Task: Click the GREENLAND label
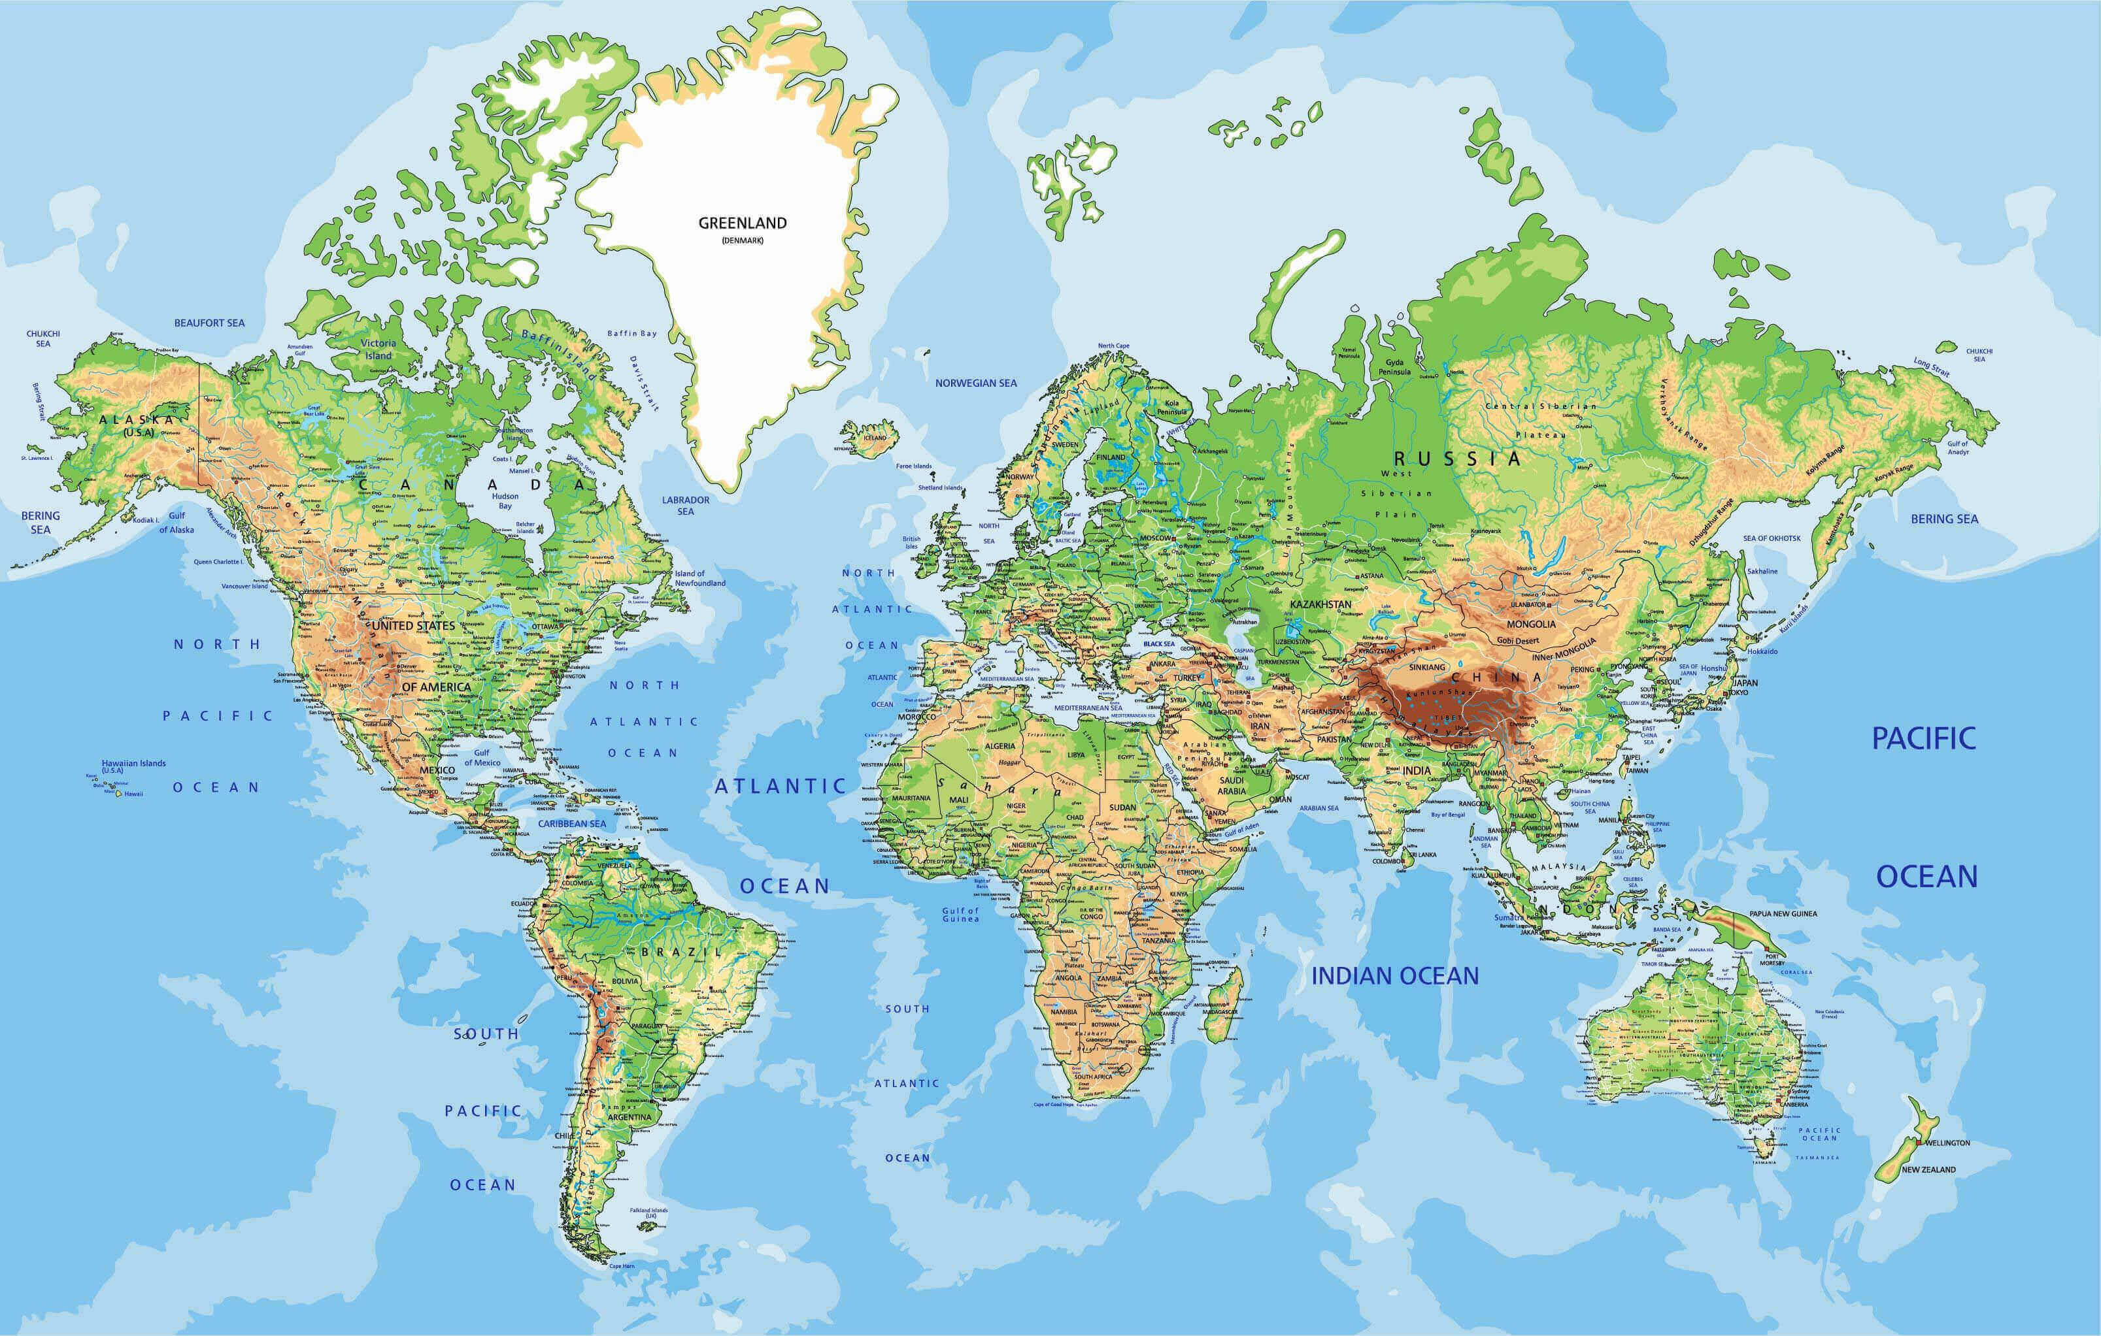(743, 223)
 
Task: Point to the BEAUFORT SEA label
(209, 323)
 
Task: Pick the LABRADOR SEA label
(686, 506)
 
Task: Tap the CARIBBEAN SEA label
(571, 823)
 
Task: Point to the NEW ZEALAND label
(1929, 1169)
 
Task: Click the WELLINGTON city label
(1947, 1143)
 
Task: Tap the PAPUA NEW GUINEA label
(1783, 914)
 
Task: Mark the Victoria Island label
(378, 349)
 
